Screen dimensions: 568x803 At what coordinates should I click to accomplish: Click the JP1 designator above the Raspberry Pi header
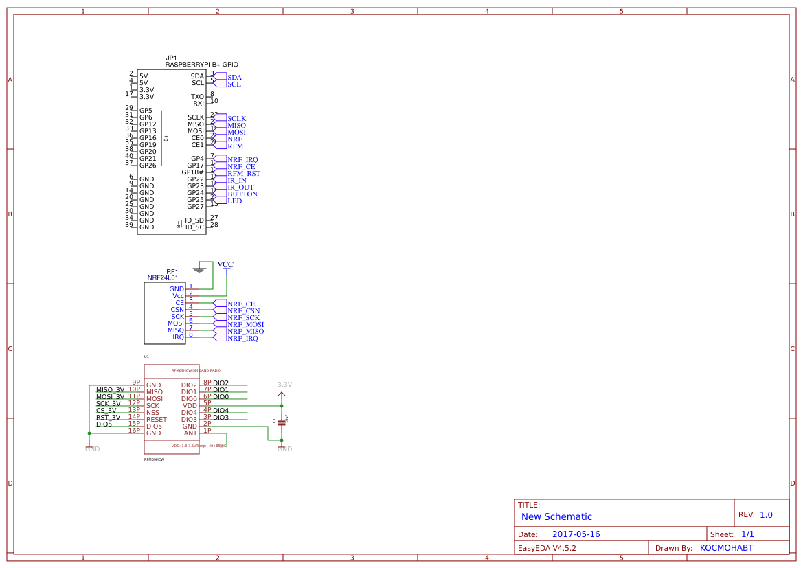[171, 58]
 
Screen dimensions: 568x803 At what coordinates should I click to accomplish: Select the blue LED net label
[234, 201]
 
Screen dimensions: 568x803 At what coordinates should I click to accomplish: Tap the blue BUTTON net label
[242, 194]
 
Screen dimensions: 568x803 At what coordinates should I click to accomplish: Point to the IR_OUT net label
[240, 188]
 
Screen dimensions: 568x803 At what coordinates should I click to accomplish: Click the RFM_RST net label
[244, 174]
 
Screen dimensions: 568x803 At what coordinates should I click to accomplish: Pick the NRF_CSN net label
[243, 310]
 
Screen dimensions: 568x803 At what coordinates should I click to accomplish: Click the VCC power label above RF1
[225, 264]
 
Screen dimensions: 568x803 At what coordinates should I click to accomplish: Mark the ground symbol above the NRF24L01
[199, 269]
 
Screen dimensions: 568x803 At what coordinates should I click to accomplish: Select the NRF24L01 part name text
[162, 278]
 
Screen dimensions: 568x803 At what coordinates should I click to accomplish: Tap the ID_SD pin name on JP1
[194, 220]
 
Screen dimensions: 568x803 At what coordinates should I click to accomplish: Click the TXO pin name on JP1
[197, 97]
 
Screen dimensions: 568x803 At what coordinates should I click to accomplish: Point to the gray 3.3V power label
[284, 385]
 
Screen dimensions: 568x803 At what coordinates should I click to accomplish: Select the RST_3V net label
[108, 418]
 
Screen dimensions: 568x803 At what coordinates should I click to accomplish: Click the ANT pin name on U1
[190, 433]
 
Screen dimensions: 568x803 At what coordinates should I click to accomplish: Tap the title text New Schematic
[556, 517]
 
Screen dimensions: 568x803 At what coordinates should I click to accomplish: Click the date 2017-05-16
[576, 534]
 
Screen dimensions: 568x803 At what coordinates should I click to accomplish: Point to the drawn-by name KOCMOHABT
[726, 548]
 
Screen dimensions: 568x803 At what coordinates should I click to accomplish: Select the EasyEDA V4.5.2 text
[547, 548]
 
